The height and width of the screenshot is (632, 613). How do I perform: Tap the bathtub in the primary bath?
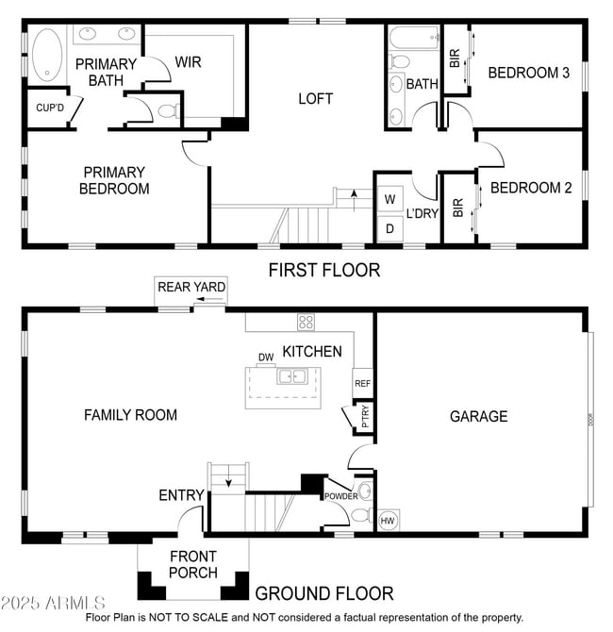[45, 56]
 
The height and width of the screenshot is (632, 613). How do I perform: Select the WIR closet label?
[188, 62]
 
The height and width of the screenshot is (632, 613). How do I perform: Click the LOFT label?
[315, 98]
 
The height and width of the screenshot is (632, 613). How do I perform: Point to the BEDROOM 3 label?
[528, 73]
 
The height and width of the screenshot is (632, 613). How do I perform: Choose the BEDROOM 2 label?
[531, 188]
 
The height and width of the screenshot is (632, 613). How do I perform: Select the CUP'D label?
[50, 108]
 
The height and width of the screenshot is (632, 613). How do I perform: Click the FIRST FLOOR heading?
[324, 271]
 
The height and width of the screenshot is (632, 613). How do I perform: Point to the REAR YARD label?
[191, 288]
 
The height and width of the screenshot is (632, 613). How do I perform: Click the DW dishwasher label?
[265, 357]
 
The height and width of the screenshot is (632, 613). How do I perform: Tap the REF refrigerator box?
[362, 383]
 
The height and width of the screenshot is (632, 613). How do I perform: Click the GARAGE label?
[478, 416]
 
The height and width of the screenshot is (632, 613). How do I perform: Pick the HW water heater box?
[388, 520]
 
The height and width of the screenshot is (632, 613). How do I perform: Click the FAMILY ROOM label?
[130, 414]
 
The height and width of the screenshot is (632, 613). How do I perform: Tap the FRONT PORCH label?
[193, 564]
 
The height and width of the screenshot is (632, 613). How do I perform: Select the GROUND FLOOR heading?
[324, 593]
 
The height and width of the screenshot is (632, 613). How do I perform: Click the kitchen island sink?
[289, 376]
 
